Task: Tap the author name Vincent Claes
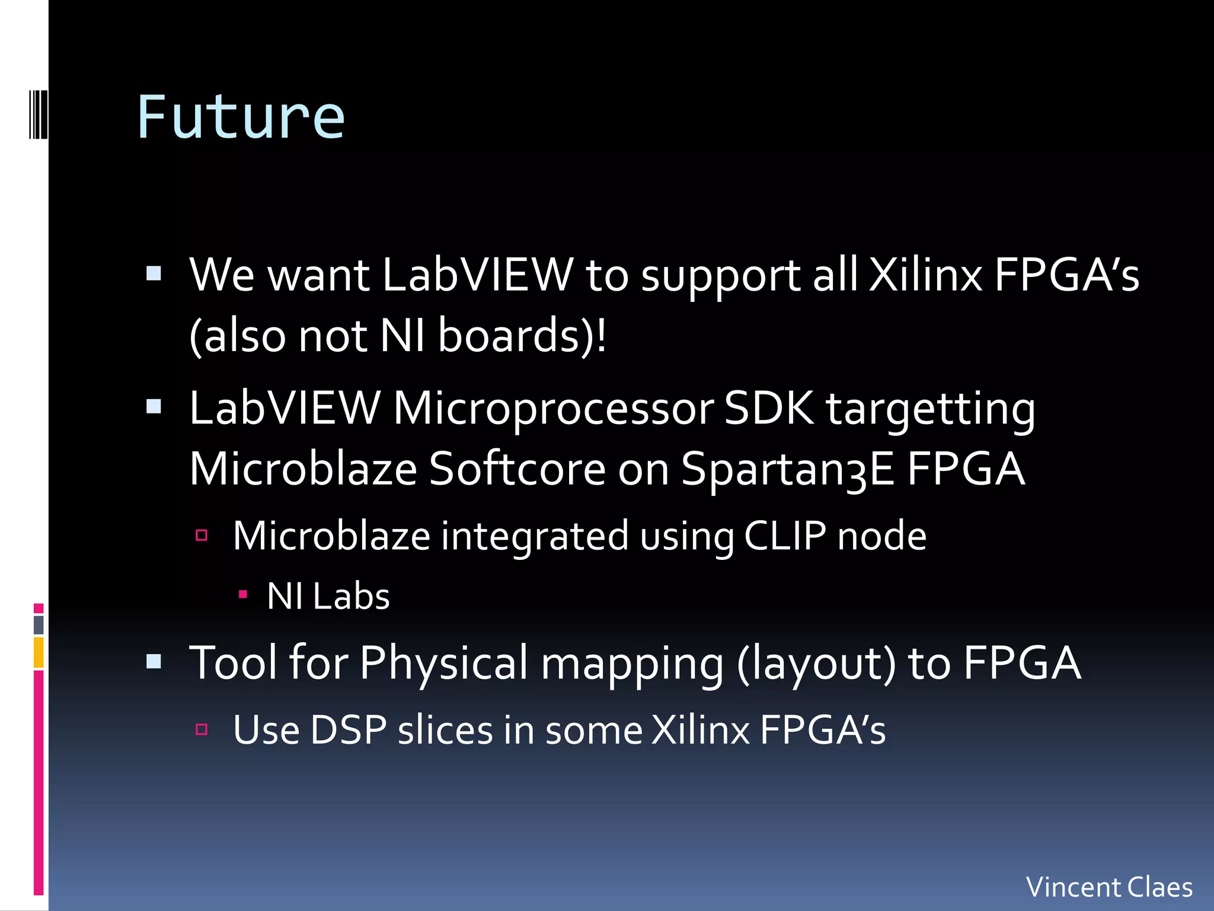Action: (1109, 887)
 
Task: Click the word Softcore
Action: (517, 469)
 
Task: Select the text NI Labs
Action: (328, 596)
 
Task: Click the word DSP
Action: (348, 730)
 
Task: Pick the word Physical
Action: (443, 662)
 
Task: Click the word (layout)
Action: (817, 662)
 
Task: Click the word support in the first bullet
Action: (720, 275)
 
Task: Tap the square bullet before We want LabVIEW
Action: (154, 273)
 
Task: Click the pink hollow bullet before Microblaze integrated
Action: (202, 536)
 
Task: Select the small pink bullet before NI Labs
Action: (242, 594)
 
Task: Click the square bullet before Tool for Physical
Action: (154, 661)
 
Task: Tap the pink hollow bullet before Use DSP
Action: (202, 729)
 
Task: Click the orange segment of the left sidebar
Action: (39, 652)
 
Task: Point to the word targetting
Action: (931, 409)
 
